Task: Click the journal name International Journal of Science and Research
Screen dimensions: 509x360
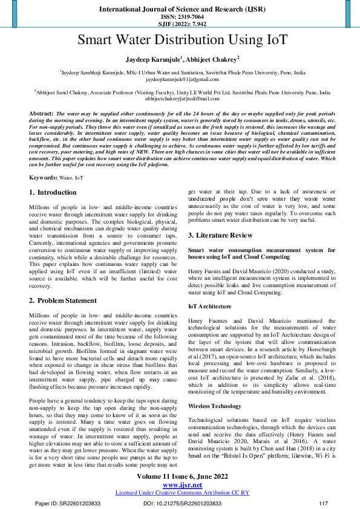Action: pos(180,9)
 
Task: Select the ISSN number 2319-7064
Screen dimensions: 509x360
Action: pos(180,17)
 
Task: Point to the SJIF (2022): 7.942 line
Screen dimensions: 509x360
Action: pos(180,24)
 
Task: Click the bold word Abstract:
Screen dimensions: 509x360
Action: pos(41,114)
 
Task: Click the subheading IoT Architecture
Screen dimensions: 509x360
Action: pos(210,306)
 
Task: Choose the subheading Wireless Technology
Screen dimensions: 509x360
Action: pos(215,406)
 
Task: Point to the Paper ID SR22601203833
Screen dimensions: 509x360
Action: pos(67,503)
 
